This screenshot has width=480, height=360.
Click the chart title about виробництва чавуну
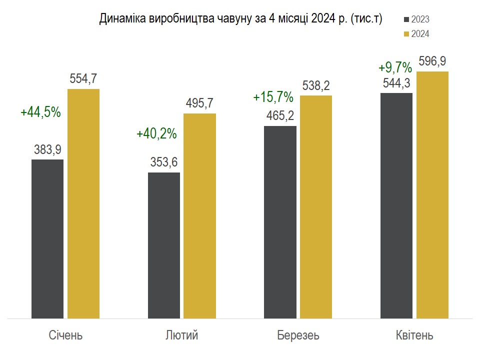pyautogui.click(x=240, y=19)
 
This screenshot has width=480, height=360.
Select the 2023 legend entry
pyautogui.click(x=416, y=19)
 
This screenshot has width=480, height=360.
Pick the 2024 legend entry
pyautogui.click(x=416, y=34)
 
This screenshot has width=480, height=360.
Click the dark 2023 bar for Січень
pyautogui.click(x=47, y=238)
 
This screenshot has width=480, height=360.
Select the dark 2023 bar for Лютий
pyautogui.click(x=164, y=245)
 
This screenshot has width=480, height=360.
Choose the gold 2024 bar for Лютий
pyautogui.click(x=200, y=215)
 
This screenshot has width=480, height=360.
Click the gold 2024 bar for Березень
pyautogui.click(x=316, y=206)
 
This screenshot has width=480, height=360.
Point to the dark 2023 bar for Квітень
pyautogui.click(x=396, y=205)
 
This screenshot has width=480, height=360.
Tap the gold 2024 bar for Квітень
pyautogui.click(x=432, y=194)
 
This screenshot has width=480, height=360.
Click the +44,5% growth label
pyautogui.click(x=40, y=112)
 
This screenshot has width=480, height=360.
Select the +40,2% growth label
pyautogui.click(x=156, y=134)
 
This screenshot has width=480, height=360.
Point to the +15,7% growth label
pyautogui.click(x=273, y=97)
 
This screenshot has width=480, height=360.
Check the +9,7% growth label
pyautogui.click(x=395, y=67)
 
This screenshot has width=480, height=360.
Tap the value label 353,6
pyautogui.click(x=164, y=162)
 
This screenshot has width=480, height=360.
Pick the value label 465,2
pyautogui.click(x=280, y=116)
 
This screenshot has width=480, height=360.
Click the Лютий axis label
pyautogui.click(x=181, y=335)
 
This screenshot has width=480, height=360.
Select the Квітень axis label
pyautogui.click(x=414, y=335)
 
